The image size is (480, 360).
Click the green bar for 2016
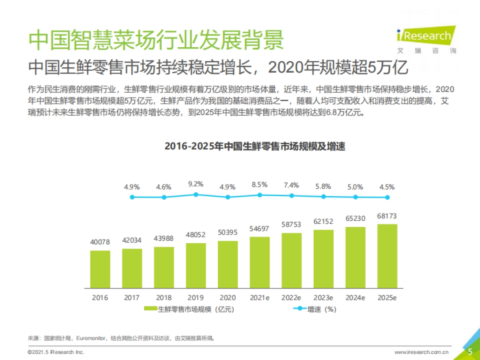100,269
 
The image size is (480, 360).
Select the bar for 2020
228,264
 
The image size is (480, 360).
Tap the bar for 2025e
388,256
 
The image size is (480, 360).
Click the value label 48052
196,235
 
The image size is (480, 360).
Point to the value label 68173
388,216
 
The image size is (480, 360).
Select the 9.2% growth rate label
196,184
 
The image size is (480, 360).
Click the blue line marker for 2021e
260,195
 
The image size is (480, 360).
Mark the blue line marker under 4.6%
164,197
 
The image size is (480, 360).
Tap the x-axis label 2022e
291,298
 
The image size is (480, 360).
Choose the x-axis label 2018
164,298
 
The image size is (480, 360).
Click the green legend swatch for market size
150,309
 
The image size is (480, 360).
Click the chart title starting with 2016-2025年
255,146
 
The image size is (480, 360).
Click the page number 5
470,352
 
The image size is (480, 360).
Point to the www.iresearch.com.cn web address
422,352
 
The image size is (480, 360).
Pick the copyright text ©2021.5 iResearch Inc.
56,352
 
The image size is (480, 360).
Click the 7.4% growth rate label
292,185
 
